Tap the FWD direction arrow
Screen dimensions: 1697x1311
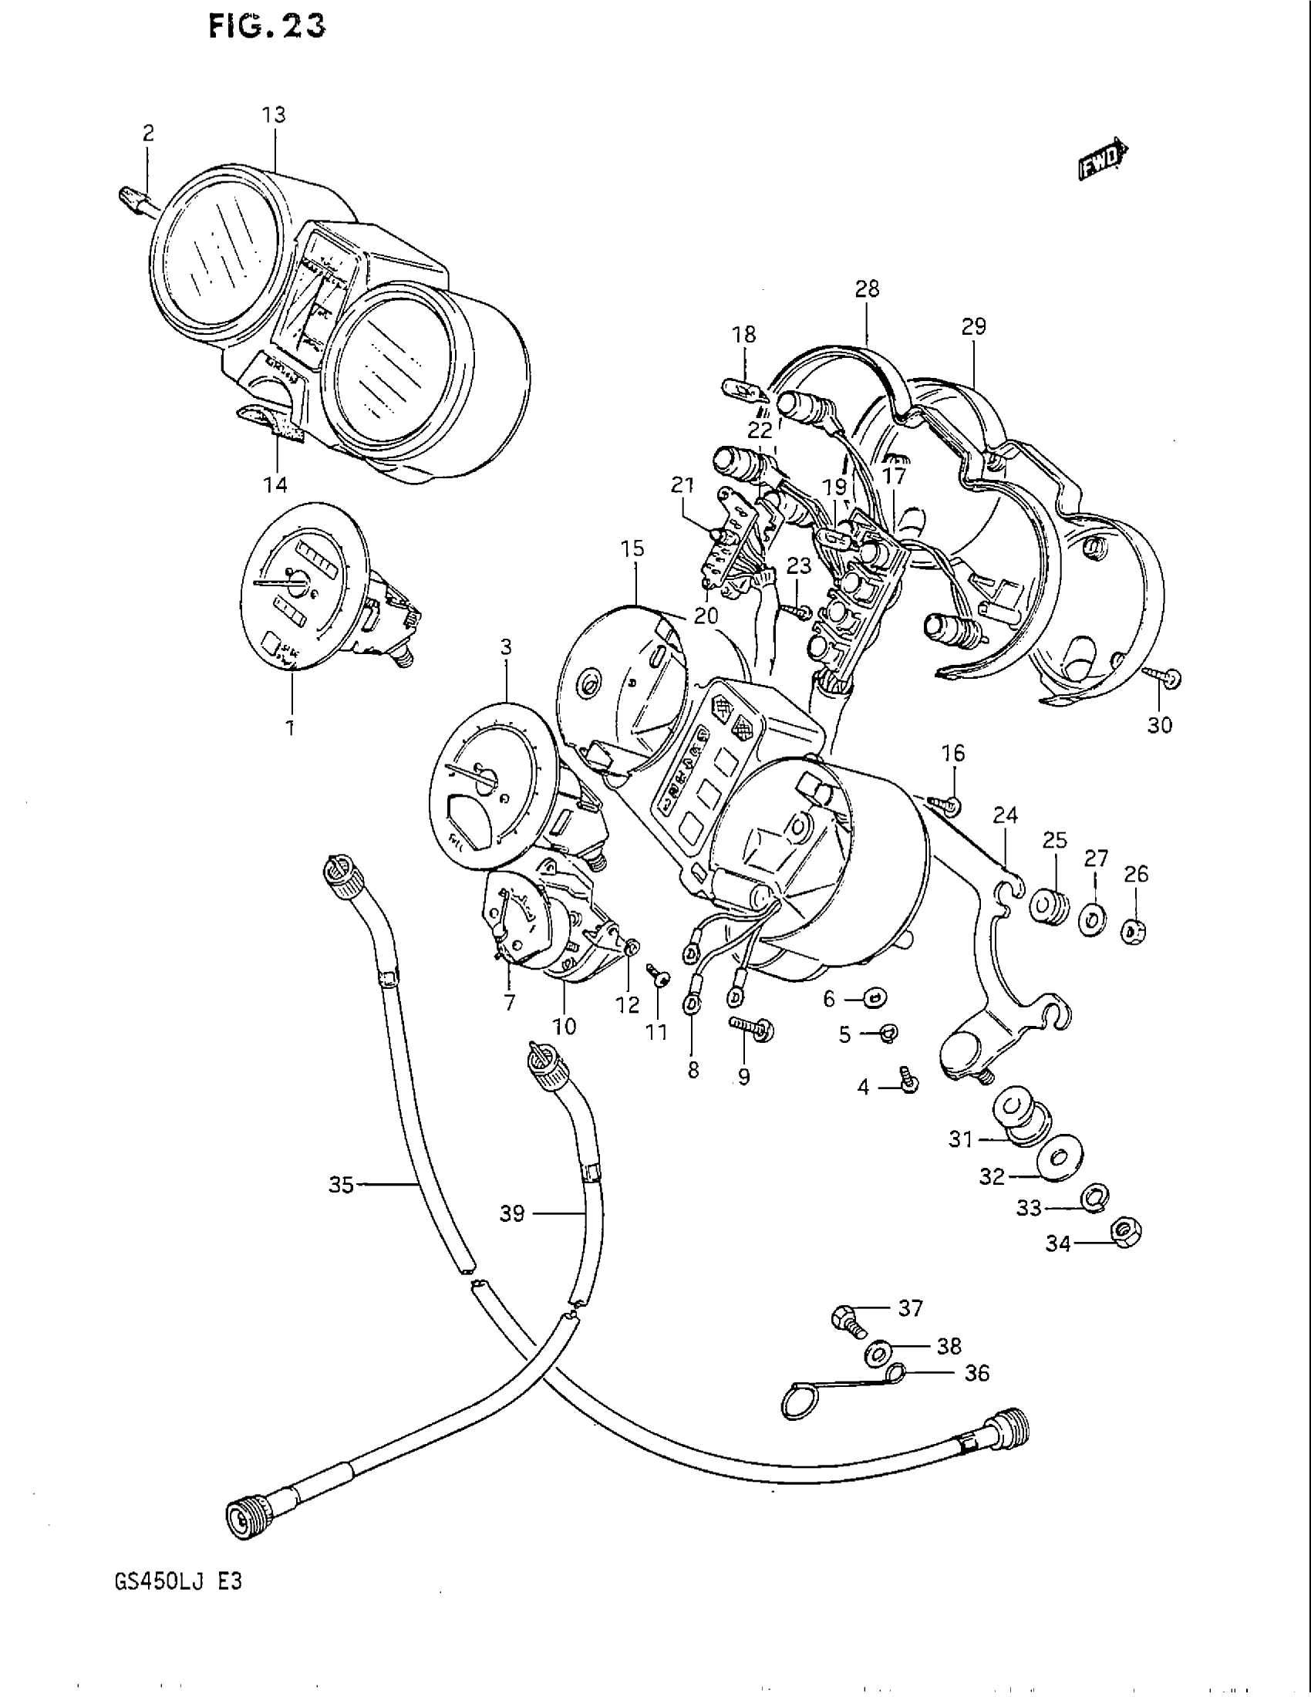[x=1102, y=161]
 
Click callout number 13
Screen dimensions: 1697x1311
[x=274, y=115]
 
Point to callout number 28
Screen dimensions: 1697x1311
[x=867, y=289]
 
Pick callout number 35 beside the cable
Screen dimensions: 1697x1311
[x=341, y=1185]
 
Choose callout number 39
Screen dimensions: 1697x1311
[x=512, y=1213]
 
